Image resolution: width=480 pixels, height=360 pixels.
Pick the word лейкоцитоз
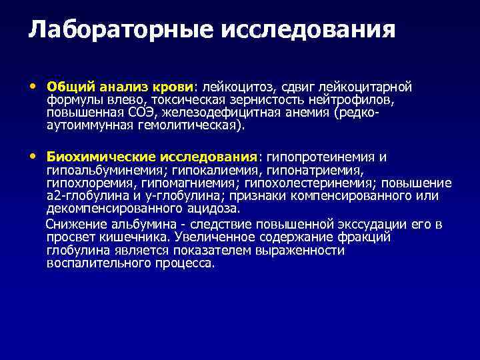point(237,87)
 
